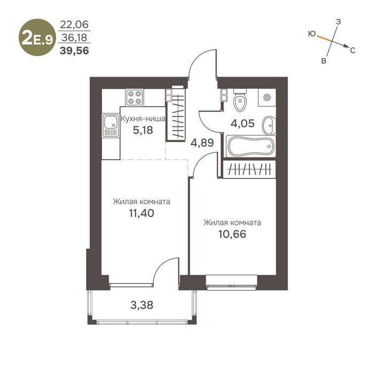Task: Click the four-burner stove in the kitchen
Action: pos(135,97)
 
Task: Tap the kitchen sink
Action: pos(111,126)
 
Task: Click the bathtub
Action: pos(250,146)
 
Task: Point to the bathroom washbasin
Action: pos(269,126)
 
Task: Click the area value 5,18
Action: pos(143,130)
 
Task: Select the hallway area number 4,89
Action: pos(202,143)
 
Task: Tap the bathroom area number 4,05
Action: pos(243,123)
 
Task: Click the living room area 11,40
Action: pos(142,213)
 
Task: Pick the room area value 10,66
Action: pos(232,234)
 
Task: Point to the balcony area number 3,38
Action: pos(142,305)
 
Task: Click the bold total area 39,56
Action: pos(74,51)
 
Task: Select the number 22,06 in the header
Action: pos(74,25)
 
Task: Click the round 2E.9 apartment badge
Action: pos(37,37)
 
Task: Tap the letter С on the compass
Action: pos(353,50)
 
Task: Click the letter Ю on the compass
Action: pos(311,34)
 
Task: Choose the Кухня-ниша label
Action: pos(143,119)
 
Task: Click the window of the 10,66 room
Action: pos(231,283)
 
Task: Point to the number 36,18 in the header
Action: pos(74,37)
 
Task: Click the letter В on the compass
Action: pos(323,61)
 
